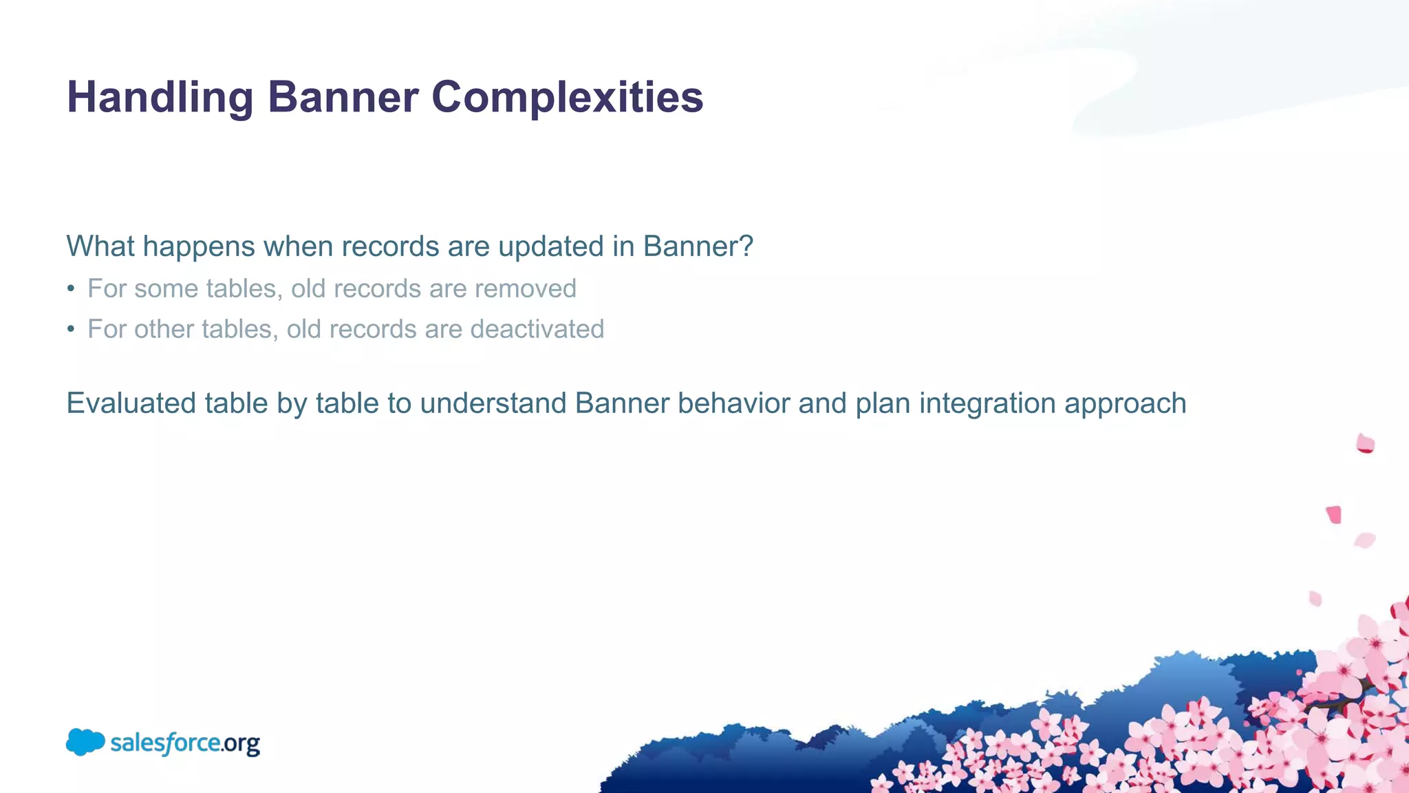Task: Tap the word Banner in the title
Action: [x=343, y=97]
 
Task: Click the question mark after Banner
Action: [x=747, y=246]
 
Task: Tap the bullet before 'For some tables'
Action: [x=71, y=289]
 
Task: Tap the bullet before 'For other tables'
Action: [x=71, y=330]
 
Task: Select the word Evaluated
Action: [x=131, y=403]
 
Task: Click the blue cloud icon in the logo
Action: [x=85, y=742]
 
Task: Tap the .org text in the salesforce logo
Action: [x=241, y=744]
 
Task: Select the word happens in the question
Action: [x=199, y=247]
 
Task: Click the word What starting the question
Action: [x=100, y=246]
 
